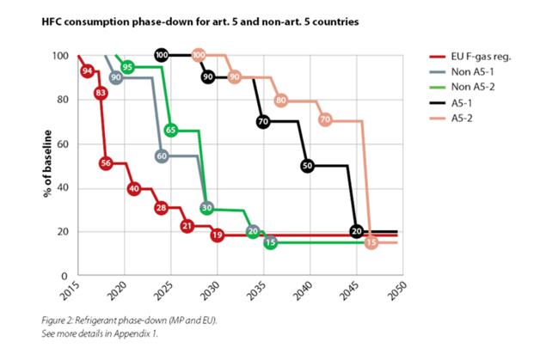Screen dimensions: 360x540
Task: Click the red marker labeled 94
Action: [87, 70]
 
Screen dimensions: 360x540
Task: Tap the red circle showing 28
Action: [161, 208]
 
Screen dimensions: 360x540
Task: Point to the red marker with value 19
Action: [217, 235]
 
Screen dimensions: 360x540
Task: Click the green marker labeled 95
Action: [127, 67]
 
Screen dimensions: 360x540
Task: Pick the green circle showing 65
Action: [171, 131]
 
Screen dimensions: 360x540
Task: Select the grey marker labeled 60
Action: [161, 156]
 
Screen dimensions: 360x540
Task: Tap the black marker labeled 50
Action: [309, 165]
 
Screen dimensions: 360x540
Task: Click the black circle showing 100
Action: [161, 56]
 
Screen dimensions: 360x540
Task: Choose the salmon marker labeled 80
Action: [280, 101]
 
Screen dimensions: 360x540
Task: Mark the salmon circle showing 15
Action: [371, 243]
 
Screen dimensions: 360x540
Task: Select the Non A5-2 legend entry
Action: [469, 87]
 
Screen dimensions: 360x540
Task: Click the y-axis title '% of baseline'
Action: [48, 163]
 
